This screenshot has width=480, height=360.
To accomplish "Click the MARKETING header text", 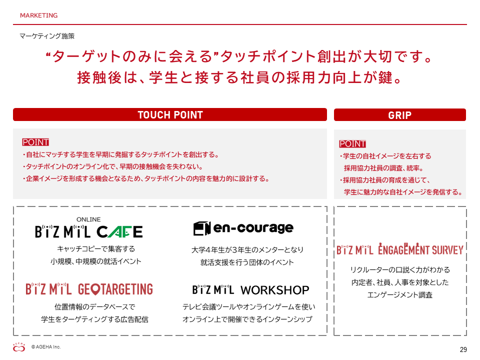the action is [x=39, y=15].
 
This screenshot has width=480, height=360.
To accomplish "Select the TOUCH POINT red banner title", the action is [x=170, y=115].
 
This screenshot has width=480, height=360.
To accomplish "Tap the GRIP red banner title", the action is [x=400, y=115].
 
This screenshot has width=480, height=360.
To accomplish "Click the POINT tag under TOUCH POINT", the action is [x=35, y=142].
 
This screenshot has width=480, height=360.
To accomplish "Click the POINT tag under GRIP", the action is [x=352, y=144].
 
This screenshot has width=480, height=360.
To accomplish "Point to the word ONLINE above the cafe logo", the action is [x=88, y=219].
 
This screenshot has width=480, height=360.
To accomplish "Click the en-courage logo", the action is [x=243, y=228].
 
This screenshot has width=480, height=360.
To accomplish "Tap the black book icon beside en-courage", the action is [x=202, y=228].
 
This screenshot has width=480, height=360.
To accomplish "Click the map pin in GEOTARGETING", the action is [x=96, y=289].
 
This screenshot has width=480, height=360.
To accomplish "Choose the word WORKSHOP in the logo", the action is [x=275, y=290].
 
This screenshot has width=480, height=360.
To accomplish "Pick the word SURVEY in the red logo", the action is [x=447, y=250].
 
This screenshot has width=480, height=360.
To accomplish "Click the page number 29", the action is [x=463, y=349].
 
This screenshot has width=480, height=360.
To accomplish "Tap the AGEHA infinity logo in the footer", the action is [x=19, y=347].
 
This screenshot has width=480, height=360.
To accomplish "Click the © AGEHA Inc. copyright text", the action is [x=46, y=347].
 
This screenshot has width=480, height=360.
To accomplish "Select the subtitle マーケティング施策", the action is [x=47, y=36].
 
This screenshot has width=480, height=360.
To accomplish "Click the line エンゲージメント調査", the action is [x=400, y=295].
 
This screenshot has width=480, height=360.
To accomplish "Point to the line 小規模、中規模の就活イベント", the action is [x=96, y=261].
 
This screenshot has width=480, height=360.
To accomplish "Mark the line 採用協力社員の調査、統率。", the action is [x=383, y=168].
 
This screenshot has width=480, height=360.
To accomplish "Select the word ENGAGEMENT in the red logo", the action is [x=403, y=249].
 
